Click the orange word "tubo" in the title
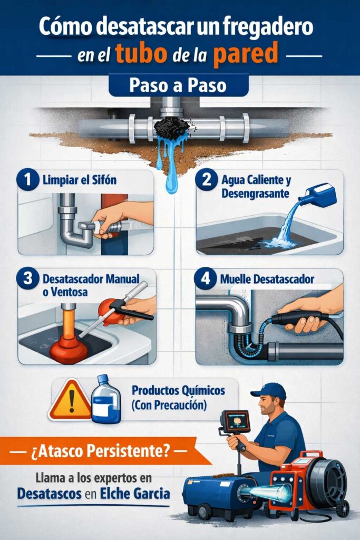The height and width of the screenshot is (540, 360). coord(141,54)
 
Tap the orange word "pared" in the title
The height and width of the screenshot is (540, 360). coord(246,54)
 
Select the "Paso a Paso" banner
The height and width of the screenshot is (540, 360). coord(178,85)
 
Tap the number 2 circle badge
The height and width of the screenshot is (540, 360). coord(206,179)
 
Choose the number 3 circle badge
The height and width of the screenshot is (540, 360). coord(27,278)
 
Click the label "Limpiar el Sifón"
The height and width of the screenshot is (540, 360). coord(80,180)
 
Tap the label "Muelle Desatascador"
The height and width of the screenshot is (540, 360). coord(267,279)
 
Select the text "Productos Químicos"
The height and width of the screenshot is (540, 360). coord(178,391)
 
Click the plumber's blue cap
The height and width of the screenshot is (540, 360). coord(269,391)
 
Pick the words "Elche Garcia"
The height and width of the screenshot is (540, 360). coord(135,494)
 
